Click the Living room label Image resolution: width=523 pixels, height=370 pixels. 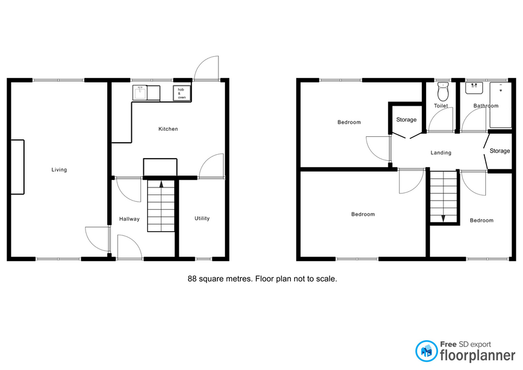click(x=59, y=170)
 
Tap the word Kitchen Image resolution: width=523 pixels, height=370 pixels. click(x=168, y=129)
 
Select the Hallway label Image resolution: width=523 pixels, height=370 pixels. click(x=130, y=219)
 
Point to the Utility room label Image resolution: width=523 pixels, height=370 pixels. click(x=202, y=218)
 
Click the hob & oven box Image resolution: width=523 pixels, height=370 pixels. click(x=182, y=93)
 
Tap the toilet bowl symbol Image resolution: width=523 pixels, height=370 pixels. click(x=443, y=91)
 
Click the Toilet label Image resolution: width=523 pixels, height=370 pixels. click(x=441, y=106)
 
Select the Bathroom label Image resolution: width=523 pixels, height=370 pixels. click(x=486, y=106)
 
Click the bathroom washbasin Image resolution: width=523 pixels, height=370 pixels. click(x=475, y=88)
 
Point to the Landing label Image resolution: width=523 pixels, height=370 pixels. click(x=441, y=153)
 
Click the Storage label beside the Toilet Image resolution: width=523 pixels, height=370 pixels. click(x=406, y=119)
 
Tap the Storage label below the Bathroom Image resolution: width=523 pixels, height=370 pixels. click(x=500, y=151)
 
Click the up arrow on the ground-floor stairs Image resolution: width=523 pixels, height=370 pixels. click(x=161, y=184)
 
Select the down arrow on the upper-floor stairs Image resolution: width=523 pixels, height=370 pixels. click(x=443, y=219)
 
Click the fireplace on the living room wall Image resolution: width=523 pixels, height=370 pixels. click(x=17, y=167)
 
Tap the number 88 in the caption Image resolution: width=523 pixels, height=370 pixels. click(x=192, y=278)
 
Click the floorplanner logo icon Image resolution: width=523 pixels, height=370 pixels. click(x=426, y=351)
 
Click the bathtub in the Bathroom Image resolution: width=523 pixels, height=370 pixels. click(x=500, y=105)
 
